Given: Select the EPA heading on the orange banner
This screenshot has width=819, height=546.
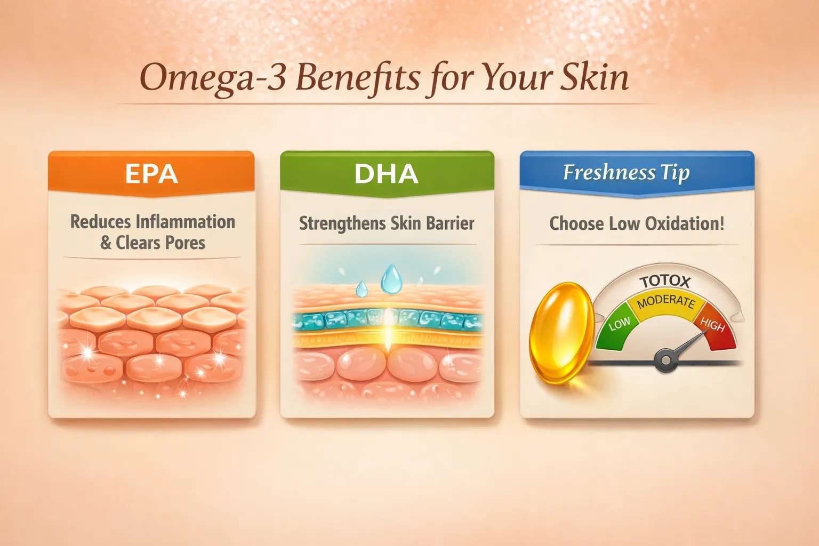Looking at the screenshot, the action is pyautogui.click(x=151, y=173).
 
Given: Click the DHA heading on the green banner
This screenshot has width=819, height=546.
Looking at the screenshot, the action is pyautogui.click(x=387, y=173).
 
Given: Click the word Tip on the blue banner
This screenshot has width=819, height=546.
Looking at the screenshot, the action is pyautogui.click(x=676, y=173).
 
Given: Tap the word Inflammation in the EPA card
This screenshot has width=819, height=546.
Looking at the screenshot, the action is pyautogui.click(x=186, y=222).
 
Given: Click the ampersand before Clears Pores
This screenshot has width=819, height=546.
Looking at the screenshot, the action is pyautogui.click(x=106, y=243).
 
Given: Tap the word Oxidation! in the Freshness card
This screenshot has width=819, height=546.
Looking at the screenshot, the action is pyautogui.click(x=685, y=223).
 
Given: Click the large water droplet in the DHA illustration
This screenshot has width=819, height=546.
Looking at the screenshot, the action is pyautogui.click(x=391, y=279).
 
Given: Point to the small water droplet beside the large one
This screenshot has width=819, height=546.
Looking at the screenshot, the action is pyautogui.click(x=362, y=289).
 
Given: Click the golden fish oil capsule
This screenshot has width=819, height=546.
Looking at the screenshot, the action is pyautogui.click(x=561, y=333).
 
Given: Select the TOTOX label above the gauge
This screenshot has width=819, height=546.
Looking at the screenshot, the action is pyautogui.click(x=665, y=282).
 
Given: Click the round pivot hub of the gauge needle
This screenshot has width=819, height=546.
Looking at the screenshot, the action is pyautogui.click(x=666, y=360).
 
